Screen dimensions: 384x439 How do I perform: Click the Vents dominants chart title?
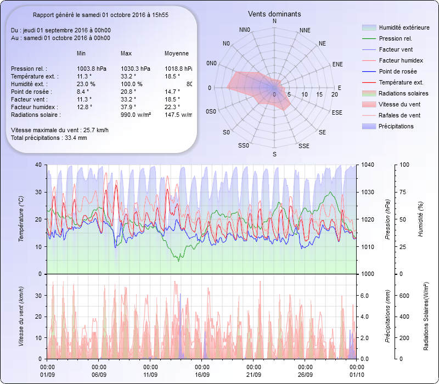pyautogui.click(x=274, y=14)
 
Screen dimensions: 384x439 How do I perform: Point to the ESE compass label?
pyautogui.click(x=337, y=112)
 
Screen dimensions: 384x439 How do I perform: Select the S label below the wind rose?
pyautogui.click(x=274, y=155)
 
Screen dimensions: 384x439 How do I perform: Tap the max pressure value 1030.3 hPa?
pyautogui.click(x=135, y=69)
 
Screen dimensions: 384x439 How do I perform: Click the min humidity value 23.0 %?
pyautogui.click(x=86, y=84)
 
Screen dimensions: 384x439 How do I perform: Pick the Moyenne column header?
pyautogui.click(x=177, y=54)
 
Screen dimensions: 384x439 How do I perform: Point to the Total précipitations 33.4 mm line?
pyautogui.click(x=49, y=138)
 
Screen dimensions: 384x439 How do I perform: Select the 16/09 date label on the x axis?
pyautogui.click(x=202, y=374)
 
